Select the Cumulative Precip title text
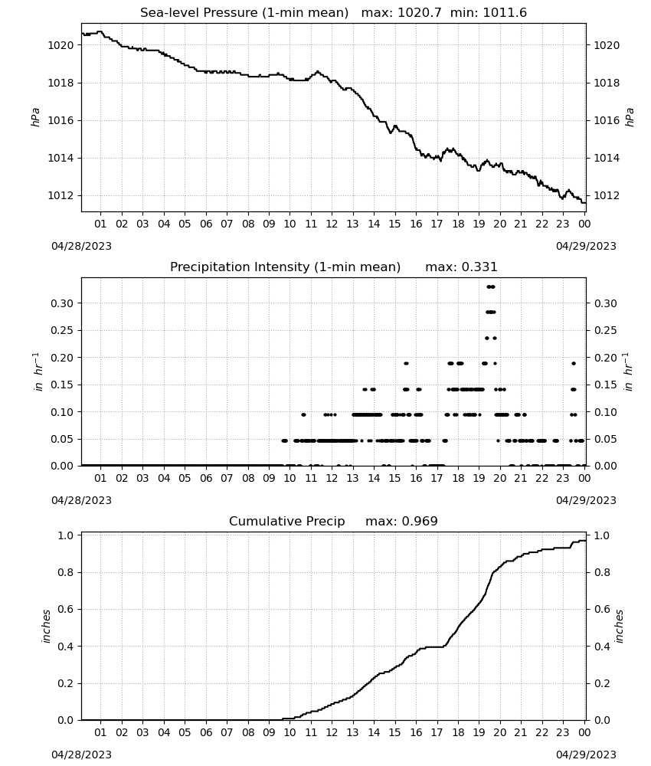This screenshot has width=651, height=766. coord(286,521)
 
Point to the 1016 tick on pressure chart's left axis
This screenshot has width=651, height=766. coord(60,121)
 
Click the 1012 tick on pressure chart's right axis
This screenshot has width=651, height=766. coord(606,195)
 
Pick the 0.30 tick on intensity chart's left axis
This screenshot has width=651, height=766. coord(62,303)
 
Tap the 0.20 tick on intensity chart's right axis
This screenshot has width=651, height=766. coord(605,358)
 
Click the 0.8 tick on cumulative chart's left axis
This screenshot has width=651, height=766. coord(65,572)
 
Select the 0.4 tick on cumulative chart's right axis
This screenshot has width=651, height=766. coord(602,647)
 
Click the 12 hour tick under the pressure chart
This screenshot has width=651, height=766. coord(332,224)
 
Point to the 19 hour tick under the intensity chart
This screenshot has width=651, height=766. coord(479,478)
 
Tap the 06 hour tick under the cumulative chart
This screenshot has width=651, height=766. coord(205,732)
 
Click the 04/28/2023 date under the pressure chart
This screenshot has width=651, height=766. coord(81,246)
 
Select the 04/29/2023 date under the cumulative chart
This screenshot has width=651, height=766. coord(586,755)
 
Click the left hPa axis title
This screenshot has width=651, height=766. coord(35,117)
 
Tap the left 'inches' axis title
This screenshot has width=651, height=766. coord(47,627)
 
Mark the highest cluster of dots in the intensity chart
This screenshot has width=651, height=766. coord(491,286)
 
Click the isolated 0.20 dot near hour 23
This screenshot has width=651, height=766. coord(574,363)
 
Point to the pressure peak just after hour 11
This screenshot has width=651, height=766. coord(318,72)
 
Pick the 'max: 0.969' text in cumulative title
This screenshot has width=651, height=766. coord(401,521)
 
